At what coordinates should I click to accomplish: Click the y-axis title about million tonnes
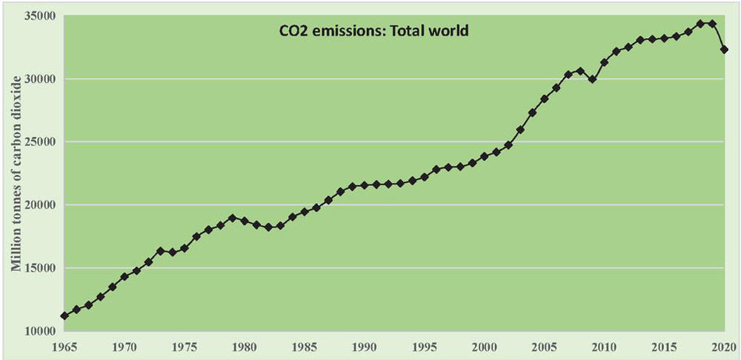coord(16,171)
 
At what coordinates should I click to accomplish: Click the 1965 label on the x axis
coord(65,346)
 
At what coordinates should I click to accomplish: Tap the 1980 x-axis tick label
coord(245,346)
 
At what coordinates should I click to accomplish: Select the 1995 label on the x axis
coord(425,346)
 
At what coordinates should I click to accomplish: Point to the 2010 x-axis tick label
coord(604,346)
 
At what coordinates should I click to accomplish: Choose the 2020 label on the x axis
coord(723,346)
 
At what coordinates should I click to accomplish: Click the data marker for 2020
coord(724,50)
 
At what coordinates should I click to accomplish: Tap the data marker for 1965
coord(65,316)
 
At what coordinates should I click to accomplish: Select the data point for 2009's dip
coord(592,79)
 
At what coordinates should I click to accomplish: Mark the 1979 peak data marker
coord(233,218)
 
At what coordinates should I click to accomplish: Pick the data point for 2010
coord(604,62)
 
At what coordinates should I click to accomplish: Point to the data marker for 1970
coord(124,276)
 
